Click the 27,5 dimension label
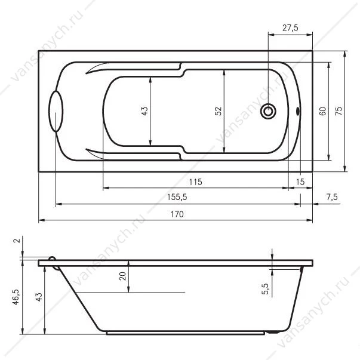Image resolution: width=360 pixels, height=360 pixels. click(x=290, y=28)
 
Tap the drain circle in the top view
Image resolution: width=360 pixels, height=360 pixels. click(x=268, y=112)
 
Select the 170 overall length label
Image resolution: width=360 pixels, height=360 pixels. click(x=177, y=214)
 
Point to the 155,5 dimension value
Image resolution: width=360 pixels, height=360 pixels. click(x=177, y=197)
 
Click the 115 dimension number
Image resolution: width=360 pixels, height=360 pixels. click(x=195, y=182)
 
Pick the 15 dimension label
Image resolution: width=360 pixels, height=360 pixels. click(x=300, y=182)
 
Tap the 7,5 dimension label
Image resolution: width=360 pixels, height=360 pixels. click(x=332, y=197)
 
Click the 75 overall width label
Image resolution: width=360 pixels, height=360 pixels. click(x=339, y=111)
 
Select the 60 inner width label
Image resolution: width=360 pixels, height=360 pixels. click(x=322, y=111)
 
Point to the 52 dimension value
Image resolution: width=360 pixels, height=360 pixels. click(x=218, y=111)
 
